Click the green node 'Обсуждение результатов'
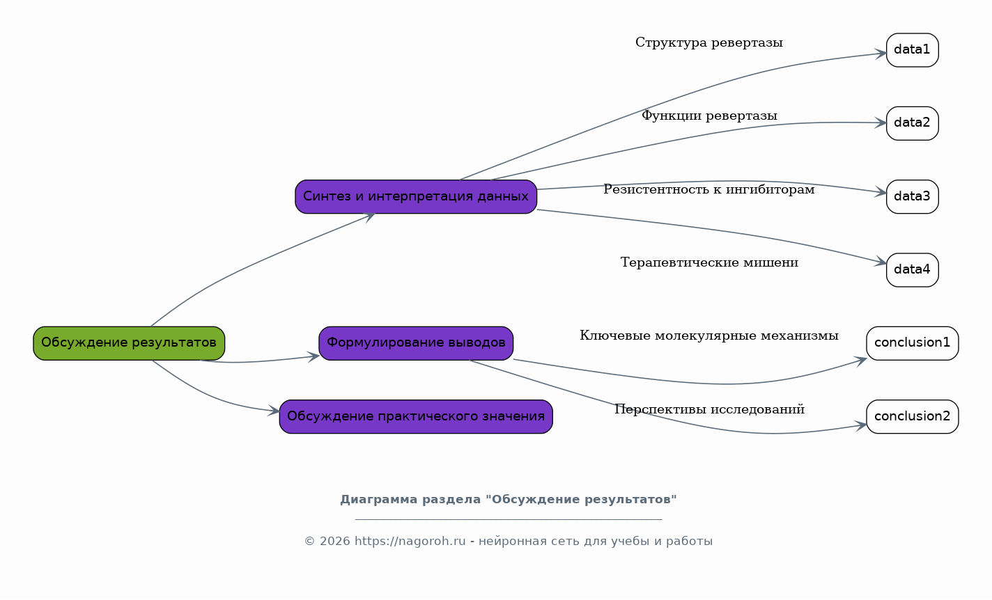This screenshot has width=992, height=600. click(129, 343)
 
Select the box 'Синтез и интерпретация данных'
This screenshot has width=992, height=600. click(416, 196)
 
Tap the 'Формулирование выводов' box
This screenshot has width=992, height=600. click(416, 343)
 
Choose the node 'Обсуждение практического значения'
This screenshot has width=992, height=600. click(416, 417)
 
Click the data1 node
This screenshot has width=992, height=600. click(913, 50)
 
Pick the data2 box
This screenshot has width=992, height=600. click(913, 123)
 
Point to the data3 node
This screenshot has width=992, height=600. click(913, 196)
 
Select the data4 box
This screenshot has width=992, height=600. click(913, 270)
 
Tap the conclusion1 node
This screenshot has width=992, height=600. click(913, 343)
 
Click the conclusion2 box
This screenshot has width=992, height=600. click(913, 417)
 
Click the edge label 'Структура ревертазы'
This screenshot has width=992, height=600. click(709, 42)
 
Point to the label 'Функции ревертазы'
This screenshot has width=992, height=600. click(709, 116)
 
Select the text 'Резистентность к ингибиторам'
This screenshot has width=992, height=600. click(709, 189)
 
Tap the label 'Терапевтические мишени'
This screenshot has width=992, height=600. click(709, 262)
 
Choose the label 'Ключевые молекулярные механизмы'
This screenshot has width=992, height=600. click(709, 335)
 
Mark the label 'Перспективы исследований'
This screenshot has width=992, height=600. click(709, 409)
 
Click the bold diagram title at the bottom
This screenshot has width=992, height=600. click(509, 500)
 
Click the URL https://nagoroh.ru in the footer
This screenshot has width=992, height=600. click(410, 541)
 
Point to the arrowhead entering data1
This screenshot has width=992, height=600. click(881, 54)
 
